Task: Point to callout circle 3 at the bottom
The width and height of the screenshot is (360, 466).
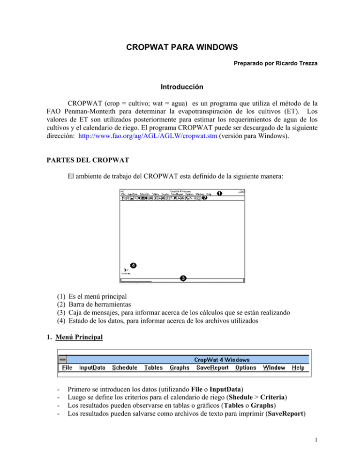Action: tap(183, 278)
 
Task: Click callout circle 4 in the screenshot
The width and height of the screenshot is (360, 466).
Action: tap(134, 265)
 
